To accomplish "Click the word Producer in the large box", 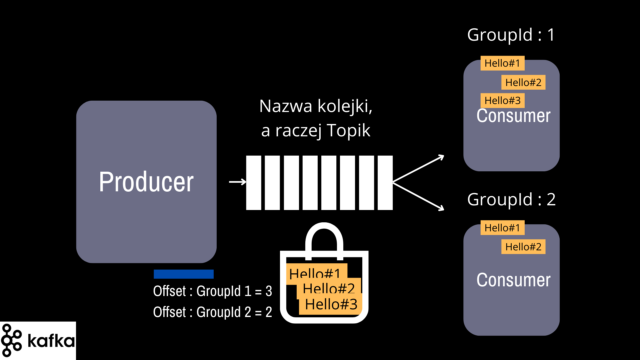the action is [x=146, y=182].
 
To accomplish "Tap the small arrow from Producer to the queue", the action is [x=237, y=182].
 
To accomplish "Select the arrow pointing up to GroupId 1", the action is [x=419, y=169].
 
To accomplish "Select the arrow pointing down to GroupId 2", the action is [x=419, y=196].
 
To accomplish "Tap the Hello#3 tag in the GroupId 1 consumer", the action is [x=502, y=100].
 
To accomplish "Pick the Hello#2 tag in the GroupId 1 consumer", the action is [x=523, y=82].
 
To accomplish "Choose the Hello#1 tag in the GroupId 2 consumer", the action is [x=502, y=228].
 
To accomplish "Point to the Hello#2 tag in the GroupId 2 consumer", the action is [x=523, y=247].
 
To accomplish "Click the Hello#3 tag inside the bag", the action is [x=331, y=304].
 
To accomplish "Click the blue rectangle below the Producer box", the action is [x=184, y=274].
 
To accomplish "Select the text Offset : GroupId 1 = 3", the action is [x=213, y=291].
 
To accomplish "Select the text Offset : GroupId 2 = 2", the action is [x=213, y=312].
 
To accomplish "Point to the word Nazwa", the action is [x=286, y=106].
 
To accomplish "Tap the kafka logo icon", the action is [x=11, y=340].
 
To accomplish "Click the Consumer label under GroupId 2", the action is [x=513, y=280].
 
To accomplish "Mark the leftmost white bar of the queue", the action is [x=254, y=183].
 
